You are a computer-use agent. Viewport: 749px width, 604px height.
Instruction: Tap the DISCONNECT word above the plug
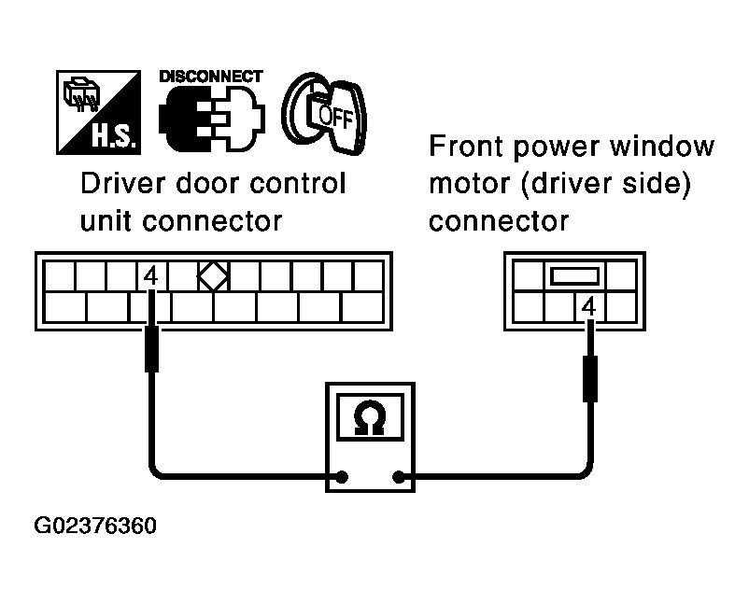pyautogui.click(x=211, y=77)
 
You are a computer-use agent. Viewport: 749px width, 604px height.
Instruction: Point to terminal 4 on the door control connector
pyautogui.click(x=151, y=276)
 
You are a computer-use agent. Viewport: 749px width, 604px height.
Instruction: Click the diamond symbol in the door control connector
pyautogui.click(x=214, y=276)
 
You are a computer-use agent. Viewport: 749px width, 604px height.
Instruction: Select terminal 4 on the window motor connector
pyautogui.click(x=587, y=304)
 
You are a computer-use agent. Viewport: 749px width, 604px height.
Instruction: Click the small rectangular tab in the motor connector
pyautogui.click(x=572, y=275)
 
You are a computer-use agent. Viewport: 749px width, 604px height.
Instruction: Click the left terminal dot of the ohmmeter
pyautogui.click(x=343, y=477)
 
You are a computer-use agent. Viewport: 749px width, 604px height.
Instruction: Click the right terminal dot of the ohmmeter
pyautogui.click(x=400, y=477)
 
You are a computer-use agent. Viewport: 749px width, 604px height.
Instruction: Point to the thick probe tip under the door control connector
pyautogui.click(x=151, y=351)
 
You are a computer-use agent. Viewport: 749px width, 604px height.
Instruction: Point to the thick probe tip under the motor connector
pyautogui.click(x=588, y=378)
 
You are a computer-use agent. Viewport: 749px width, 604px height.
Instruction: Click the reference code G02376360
pyautogui.click(x=94, y=526)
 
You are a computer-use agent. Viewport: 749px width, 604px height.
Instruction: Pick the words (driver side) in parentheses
pyautogui.click(x=608, y=185)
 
